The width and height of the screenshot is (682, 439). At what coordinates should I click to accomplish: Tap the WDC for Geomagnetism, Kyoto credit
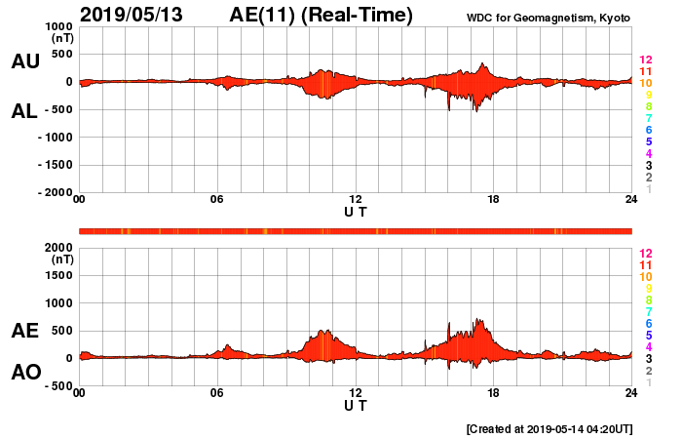(548, 18)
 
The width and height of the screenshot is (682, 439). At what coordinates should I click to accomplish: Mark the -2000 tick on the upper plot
(54, 192)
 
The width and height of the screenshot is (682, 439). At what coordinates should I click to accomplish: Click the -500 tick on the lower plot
(56, 385)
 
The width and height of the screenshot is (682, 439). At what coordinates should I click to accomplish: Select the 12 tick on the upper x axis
(356, 199)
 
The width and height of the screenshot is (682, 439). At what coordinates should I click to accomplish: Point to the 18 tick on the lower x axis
(494, 392)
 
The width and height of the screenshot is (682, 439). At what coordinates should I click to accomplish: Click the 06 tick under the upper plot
(217, 199)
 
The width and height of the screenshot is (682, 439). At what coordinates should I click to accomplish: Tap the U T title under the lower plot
(356, 405)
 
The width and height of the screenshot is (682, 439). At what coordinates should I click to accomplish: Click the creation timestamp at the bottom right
(550, 428)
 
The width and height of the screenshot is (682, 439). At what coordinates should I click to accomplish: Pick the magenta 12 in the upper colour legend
(645, 60)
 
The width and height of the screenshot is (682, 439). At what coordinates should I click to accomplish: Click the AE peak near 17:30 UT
(478, 320)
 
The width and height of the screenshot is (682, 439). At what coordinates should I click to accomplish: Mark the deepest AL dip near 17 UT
(476, 111)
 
